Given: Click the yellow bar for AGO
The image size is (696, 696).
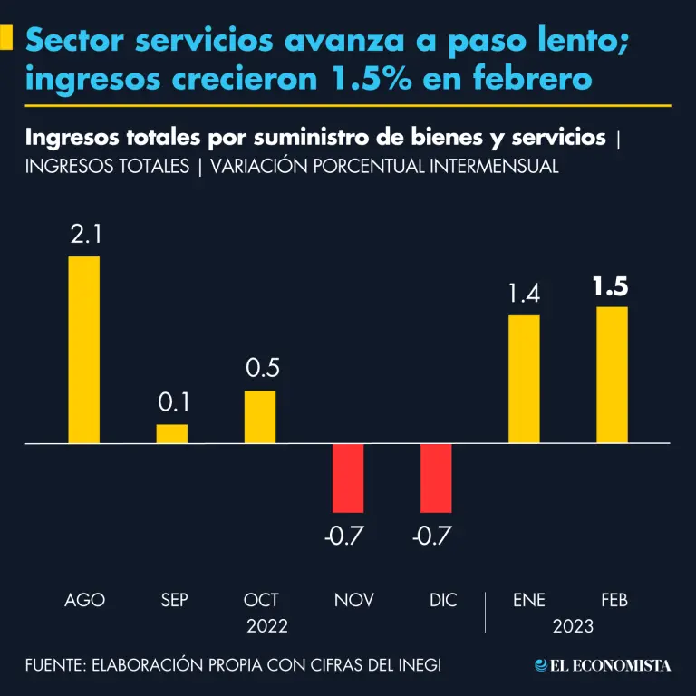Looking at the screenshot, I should click(x=84, y=350).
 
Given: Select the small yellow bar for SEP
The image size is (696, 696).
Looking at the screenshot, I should click(x=172, y=434).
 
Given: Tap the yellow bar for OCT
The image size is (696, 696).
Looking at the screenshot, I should click(x=260, y=417).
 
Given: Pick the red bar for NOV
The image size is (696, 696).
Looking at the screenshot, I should click(x=347, y=478).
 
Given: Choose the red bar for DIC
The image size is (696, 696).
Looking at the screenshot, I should click(x=436, y=478).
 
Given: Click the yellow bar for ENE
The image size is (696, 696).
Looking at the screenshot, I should click(x=524, y=380).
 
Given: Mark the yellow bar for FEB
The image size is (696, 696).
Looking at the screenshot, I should click(x=612, y=375).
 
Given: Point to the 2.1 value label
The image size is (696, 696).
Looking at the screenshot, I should click(x=85, y=236).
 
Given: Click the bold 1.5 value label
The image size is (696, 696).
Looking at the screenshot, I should click(x=611, y=287).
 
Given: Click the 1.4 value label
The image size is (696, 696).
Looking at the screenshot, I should click(x=524, y=295).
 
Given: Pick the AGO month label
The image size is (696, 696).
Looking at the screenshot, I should click(x=85, y=600).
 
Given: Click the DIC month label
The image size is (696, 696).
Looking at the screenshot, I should click(x=442, y=600).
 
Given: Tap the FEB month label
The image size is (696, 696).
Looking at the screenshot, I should click(x=614, y=600).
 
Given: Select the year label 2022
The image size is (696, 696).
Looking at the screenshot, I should click(x=266, y=626).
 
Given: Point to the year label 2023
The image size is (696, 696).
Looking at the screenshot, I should click(x=572, y=626).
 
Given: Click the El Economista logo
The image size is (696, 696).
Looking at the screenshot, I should click(x=603, y=666).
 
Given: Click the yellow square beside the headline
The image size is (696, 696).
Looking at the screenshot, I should click(x=6, y=39).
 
